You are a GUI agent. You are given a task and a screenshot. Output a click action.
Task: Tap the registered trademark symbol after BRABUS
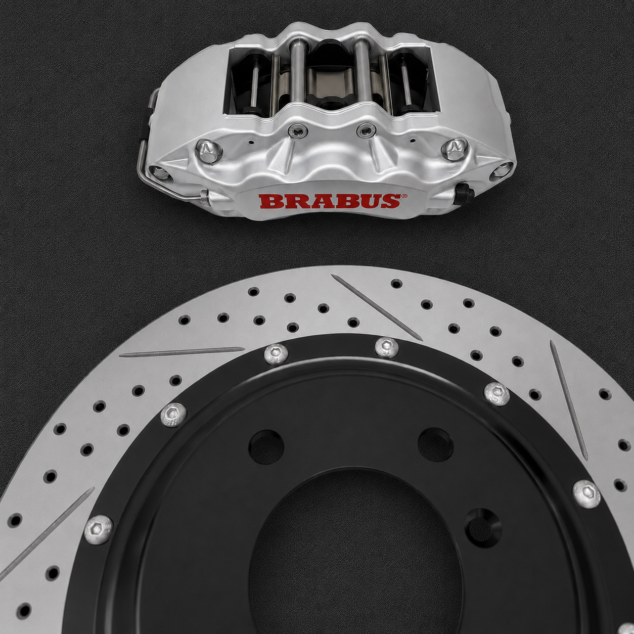pos(404,196)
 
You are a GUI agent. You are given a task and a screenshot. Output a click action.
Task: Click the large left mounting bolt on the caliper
pos(209,151)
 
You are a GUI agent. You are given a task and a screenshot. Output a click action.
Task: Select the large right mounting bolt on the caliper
pos(454,149)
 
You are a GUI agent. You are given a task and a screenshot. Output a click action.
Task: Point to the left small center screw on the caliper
pos(298,131)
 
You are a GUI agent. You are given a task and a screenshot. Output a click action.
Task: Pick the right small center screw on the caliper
pos(366,130)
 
